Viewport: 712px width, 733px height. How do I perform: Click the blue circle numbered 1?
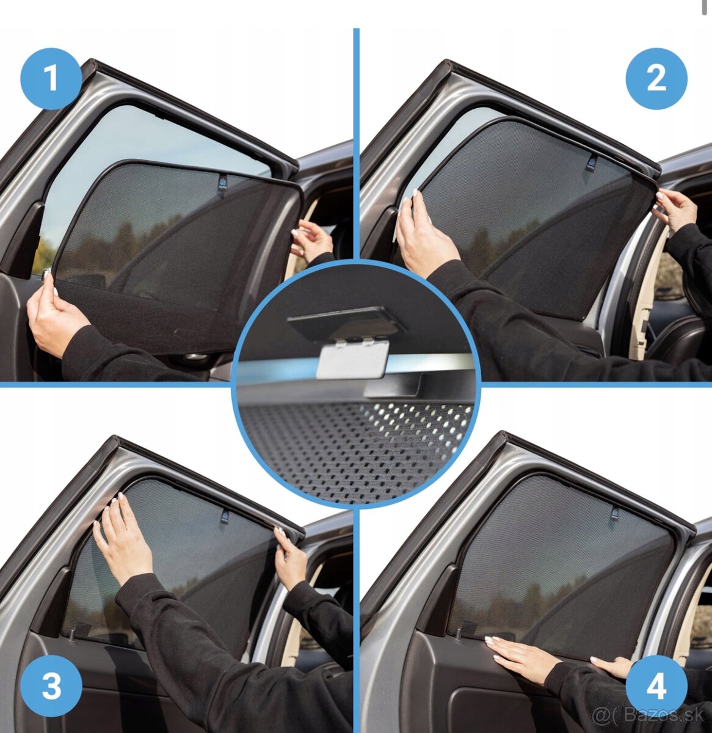coord(51,79)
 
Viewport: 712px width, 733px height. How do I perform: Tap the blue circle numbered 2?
coord(656,79)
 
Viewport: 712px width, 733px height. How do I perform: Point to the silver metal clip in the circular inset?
coord(352,359)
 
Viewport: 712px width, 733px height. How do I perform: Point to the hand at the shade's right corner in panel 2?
coord(674,211)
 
